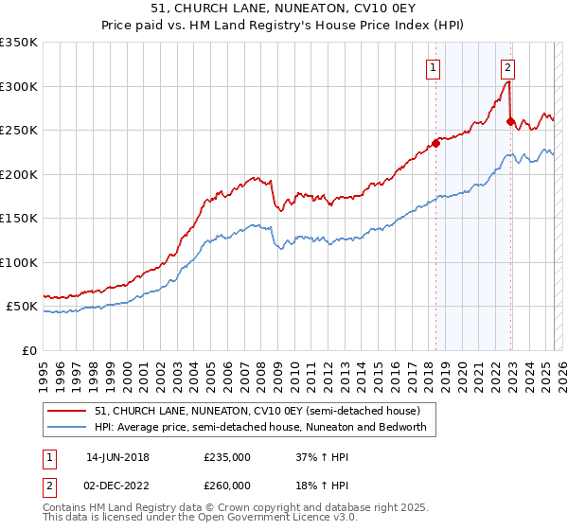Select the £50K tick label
(22, 307)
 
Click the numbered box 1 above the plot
(433, 67)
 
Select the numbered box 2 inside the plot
(508, 67)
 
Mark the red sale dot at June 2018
(436, 144)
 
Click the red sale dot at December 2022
(510, 121)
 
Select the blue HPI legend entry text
(260, 427)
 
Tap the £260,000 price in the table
(227, 485)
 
